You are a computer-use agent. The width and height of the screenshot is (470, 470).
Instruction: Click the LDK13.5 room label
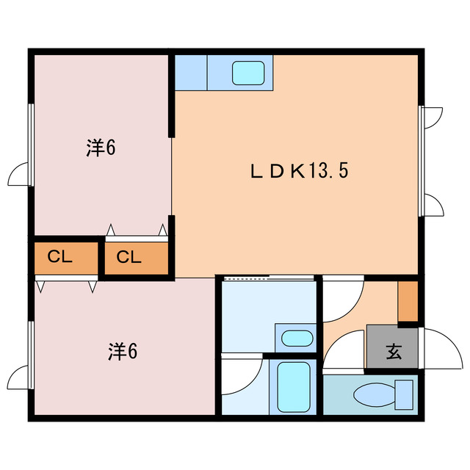(299, 171)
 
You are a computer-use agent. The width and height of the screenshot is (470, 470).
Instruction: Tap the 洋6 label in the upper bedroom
(101, 148)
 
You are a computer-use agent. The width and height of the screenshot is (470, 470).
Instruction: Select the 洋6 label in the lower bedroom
(123, 352)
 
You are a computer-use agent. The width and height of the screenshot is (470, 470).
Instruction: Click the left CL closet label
(60, 256)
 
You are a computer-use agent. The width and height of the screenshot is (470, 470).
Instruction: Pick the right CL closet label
(129, 257)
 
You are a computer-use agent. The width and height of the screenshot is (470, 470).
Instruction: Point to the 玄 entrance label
(394, 352)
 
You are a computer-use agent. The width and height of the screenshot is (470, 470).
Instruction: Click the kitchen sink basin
(248, 73)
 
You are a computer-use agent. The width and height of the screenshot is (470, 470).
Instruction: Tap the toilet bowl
(374, 396)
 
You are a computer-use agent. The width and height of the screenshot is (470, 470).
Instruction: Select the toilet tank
(404, 395)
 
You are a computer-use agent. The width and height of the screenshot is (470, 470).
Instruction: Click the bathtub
(294, 387)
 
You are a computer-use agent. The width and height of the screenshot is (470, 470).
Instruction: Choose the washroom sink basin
(297, 338)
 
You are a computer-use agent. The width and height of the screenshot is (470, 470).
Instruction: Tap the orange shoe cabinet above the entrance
(408, 301)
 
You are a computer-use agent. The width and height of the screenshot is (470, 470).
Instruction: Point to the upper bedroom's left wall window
(31, 145)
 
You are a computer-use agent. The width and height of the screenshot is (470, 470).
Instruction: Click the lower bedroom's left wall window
(31, 355)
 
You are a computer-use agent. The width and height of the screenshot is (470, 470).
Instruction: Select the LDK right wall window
(421, 161)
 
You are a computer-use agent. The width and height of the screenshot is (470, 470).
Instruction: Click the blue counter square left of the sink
(191, 73)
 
